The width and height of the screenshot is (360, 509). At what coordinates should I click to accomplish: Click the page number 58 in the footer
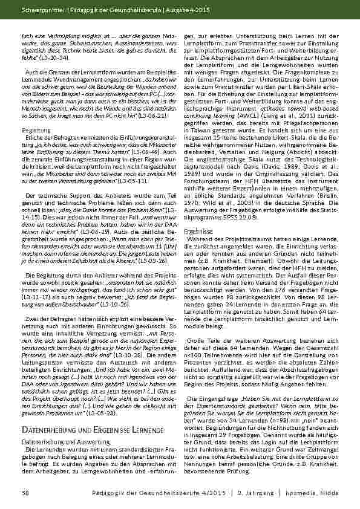point(25,494)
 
